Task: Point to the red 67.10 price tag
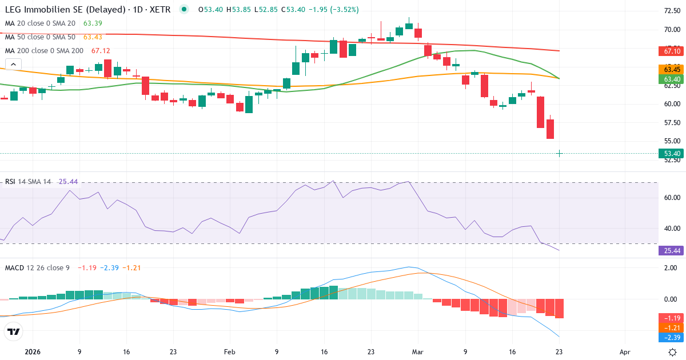pos(672,51)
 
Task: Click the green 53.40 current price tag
pos(672,153)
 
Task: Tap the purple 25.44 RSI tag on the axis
pos(672,250)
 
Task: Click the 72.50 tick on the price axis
pos(672,11)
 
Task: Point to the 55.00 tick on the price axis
pos(672,141)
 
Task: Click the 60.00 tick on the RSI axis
pos(672,198)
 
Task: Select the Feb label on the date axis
pos(229,353)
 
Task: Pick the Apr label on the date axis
pos(625,353)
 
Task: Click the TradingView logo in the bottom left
pos(14,331)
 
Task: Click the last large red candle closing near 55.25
pos(550,129)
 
